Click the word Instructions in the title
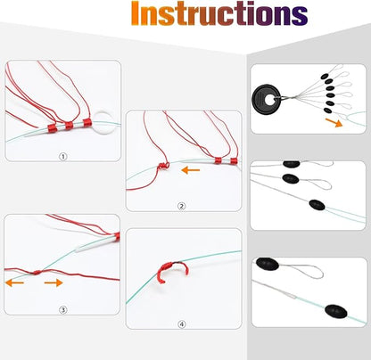tap(219, 13)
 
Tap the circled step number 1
tap(62, 156)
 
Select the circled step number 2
tap(181, 206)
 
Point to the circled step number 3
tap(62, 310)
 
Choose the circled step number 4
tap(182, 324)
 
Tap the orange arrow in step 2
tap(191, 170)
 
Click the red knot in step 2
tap(163, 166)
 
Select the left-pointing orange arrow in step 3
tap(14, 282)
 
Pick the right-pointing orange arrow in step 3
tap(54, 282)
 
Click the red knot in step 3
tap(37, 272)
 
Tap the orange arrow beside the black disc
tap(334, 122)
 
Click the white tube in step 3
tap(95, 242)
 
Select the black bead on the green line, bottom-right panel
tap(336, 311)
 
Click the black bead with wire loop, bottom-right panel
tap(268, 264)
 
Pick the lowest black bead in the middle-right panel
tap(317, 205)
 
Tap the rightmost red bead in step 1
tap(87, 122)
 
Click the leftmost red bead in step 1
tap(52, 128)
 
